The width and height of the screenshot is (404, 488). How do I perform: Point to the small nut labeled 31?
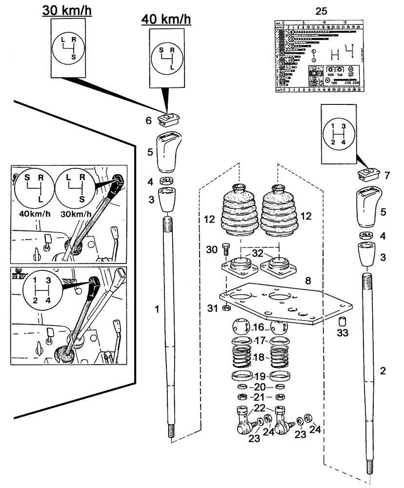point(226,308)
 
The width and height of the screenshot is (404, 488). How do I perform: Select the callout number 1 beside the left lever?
point(157,308)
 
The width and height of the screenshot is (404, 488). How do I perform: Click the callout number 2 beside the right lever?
point(383,371)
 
